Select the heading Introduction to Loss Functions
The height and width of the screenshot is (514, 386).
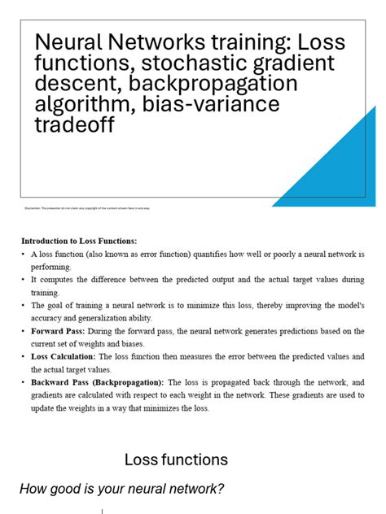click(79, 241)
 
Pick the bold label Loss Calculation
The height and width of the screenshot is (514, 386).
click(65, 356)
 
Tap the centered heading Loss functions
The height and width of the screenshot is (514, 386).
click(176, 460)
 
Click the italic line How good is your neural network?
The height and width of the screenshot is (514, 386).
click(121, 488)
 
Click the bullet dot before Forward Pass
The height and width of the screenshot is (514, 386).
click(24, 331)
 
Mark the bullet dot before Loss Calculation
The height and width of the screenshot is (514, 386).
click(24, 356)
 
